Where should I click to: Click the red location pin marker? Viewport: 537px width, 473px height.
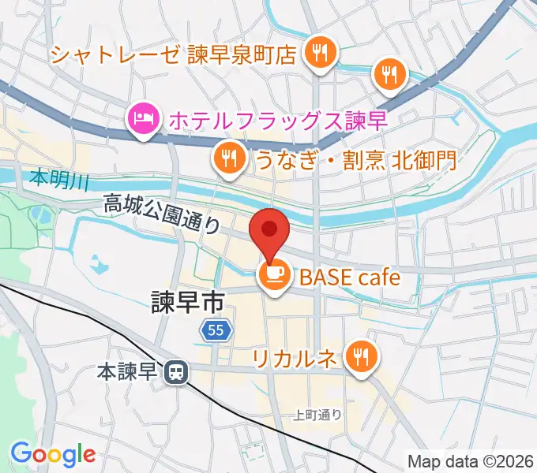pyautogui.click(x=269, y=232)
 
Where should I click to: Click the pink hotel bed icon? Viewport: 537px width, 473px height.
pyautogui.click(x=143, y=121)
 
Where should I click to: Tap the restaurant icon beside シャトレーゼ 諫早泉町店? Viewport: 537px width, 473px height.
pyautogui.click(x=321, y=54)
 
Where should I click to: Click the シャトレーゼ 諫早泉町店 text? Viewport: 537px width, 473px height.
pyautogui.click(x=174, y=54)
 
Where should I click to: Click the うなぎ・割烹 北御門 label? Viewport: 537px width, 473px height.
pyautogui.click(x=355, y=160)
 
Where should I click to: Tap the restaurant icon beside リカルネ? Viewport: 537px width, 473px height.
pyautogui.click(x=362, y=357)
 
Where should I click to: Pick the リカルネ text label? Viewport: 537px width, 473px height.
pyautogui.click(x=297, y=359)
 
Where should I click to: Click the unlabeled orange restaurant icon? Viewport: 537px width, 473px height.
pyautogui.click(x=389, y=74)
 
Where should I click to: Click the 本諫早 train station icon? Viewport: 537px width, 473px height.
pyautogui.click(x=175, y=369)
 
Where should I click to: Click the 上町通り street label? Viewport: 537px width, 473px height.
pyautogui.click(x=317, y=415)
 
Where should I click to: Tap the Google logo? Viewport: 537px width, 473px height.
pyautogui.click(x=53, y=454)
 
